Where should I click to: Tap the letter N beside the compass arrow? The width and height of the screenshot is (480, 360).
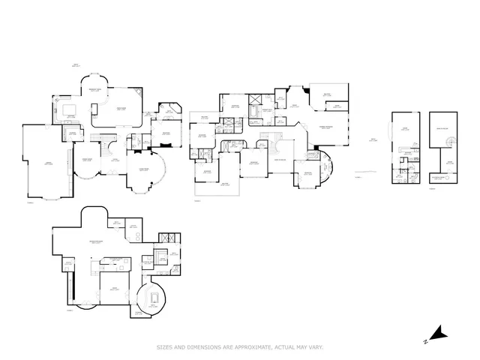pyautogui.click(x=425, y=341)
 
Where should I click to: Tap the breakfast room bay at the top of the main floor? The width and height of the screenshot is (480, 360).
pyautogui.click(x=96, y=82)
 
